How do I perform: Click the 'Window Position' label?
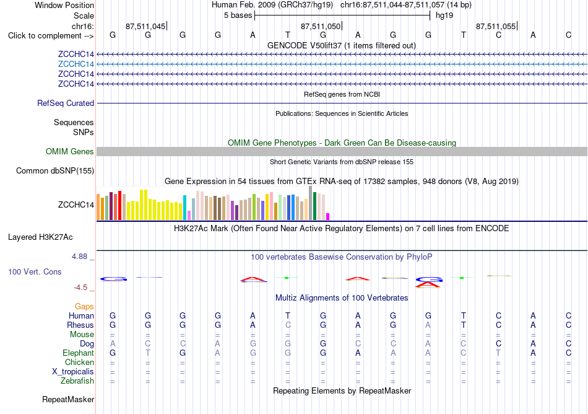pyautogui.click(x=64, y=5)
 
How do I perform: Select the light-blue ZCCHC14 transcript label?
pyautogui.click(x=76, y=64)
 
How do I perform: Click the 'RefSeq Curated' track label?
pyautogui.click(x=66, y=103)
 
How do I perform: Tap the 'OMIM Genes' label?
pyautogui.click(x=70, y=152)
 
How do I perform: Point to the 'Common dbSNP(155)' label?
pyautogui.click(x=55, y=171)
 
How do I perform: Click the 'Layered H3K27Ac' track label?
pyautogui.click(x=40, y=237)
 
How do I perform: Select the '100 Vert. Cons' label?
pyautogui.click(x=35, y=271)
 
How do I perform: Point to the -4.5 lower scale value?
pyautogui.click(x=80, y=288)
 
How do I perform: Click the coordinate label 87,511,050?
pyautogui.click(x=321, y=26)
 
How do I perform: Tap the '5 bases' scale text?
pyautogui.click(x=238, y=15)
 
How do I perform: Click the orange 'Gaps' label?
pyautogui.click(x=84, y=307)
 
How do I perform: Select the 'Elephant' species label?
pyautogui.click(x=79, y=353)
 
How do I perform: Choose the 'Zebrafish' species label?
pyautogui.click(x=77, y=381)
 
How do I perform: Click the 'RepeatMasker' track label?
pyautogui.click(x=68, y=399)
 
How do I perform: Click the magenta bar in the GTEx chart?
pyautogui.click(x=328, y=216)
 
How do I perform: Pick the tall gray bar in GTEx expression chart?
pyautogui.click(x=311, y=203)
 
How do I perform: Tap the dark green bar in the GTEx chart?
pyautogui.click(x=314, y=206)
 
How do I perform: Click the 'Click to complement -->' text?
pyautogui.click(x=51, y=36)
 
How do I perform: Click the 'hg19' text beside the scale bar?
pyautogui.click(x=444, y=15)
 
